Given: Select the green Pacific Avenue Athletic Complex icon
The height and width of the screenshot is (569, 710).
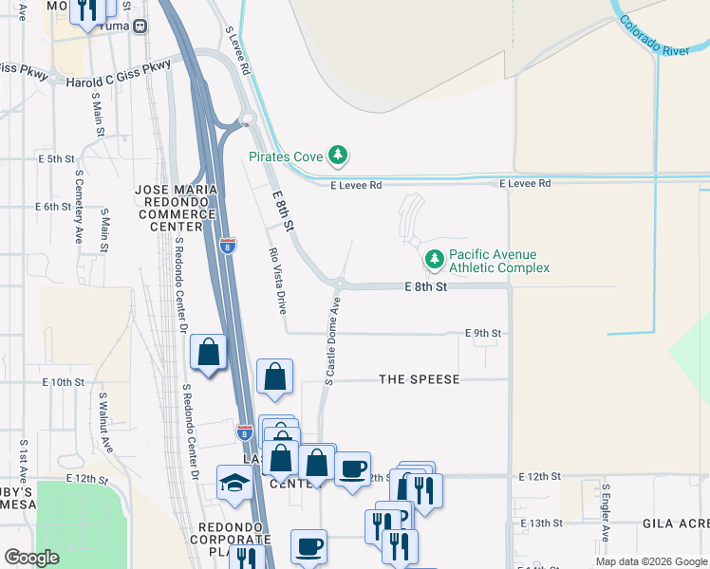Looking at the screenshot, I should click(434, 258).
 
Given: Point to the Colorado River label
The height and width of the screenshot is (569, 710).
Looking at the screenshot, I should click(654, 35).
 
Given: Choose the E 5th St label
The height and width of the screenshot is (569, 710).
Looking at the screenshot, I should click(56, 158).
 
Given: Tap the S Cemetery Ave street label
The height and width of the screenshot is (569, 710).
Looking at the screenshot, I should click(77, 213).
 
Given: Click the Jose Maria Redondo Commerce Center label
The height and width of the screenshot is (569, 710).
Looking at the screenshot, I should click(177, 208).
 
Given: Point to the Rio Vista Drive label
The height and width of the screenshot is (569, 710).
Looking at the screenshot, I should click(277, 281).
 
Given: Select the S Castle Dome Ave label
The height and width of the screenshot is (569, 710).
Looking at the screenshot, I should click(331, 340).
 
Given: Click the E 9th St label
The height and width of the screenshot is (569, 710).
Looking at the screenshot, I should click(482, 333).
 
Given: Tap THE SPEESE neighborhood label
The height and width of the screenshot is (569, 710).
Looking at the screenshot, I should click(419, 379).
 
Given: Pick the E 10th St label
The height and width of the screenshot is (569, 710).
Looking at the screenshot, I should click(64, 381).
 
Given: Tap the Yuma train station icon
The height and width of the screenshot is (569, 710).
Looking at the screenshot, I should click(140, 27).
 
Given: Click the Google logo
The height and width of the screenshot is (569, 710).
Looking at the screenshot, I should click(31, 558).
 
